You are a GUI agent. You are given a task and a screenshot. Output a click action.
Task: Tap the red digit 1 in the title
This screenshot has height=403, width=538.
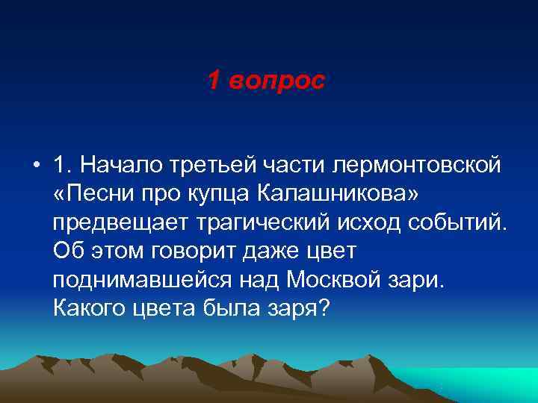[214, 81]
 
